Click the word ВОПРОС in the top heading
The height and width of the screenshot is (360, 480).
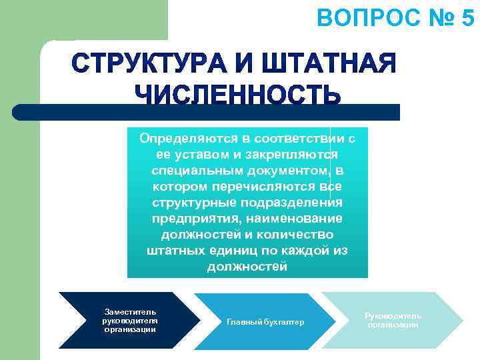[360, 18]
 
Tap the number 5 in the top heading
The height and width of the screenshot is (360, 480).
[467, 18]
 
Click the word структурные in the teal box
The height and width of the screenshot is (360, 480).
[191, 203]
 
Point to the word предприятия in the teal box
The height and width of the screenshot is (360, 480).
[191, 219]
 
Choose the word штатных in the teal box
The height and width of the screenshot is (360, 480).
[175, 251]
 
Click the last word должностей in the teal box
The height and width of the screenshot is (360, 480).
[247, 267]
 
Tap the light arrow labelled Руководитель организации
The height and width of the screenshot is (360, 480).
[393, 320]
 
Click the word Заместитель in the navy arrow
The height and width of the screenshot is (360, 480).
[130, 311]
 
